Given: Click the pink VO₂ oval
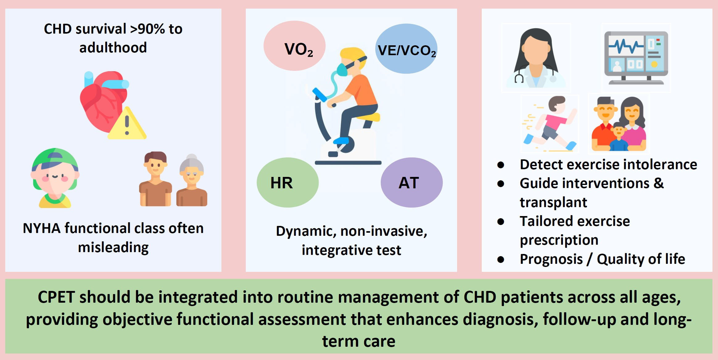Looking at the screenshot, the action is pyautogui.click(x=295, y=46).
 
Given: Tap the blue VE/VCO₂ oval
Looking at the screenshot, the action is pyautogui.click(x=406, y=49).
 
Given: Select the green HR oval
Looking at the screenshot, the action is pyautogui.click(x=288, y=182).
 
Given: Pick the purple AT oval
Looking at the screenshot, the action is pyautogui.click(x=412, y=182).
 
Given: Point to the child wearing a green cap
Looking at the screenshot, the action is pyautogui.click(x=55, y=178).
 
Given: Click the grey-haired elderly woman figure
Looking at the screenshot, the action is pyautogui.click(x=192, y=180).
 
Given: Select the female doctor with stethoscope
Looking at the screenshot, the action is pyautogui.click(x=536, y=58).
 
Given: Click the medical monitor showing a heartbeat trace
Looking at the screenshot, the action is pyautogui.click(x=636, y=58).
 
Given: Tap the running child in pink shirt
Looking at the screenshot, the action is pyautogui.click(x=550, y=124).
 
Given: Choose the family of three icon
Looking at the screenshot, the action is pyautogui.click(x=619, y=124).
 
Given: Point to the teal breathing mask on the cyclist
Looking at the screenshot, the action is pyautogui.click(x=342, y=70).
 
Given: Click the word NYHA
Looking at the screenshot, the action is pyautogui.click(x=42, y=229).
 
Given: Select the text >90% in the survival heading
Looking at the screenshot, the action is pyautogui.click(x=147, y=29).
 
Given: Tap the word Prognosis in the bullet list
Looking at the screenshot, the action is pyautogui.click(x=551, y=259).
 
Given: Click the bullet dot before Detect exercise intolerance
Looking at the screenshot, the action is pyautogui.click(x=501, y=165).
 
